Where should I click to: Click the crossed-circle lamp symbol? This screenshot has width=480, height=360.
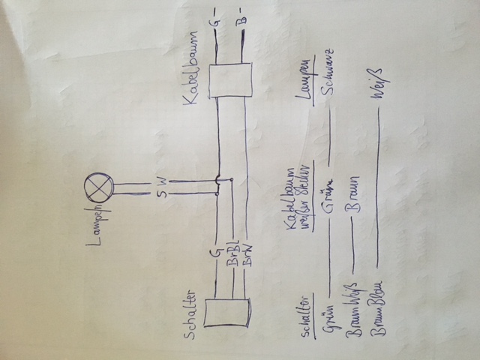click(x=98, y=183)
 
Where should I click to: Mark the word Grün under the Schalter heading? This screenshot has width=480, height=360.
click(x=330, y=319)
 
